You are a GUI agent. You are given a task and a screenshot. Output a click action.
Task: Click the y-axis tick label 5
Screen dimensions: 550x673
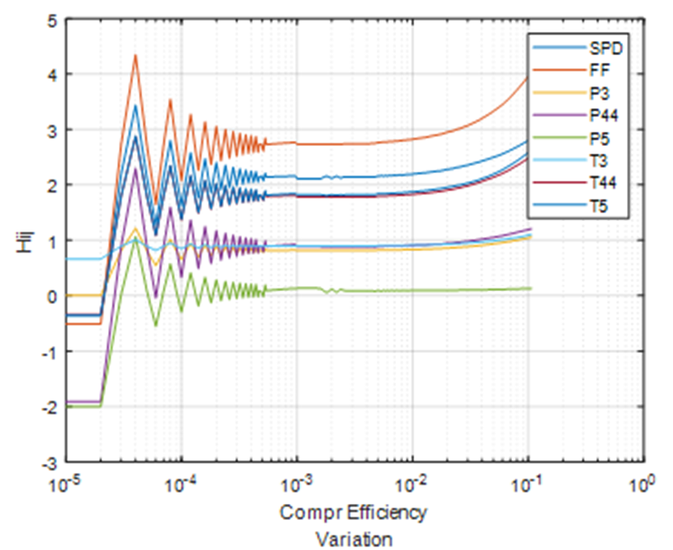[x=52, y=19]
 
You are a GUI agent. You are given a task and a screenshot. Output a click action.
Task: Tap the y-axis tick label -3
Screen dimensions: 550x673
[x=50, y=461]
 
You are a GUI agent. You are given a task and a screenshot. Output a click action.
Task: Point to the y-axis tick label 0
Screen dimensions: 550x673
[x=52, y=296]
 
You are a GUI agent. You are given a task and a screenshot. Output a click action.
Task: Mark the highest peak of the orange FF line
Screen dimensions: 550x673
[x=135, y=55]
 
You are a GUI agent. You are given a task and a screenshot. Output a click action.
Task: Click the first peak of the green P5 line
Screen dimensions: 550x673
[x=135, y=241]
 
